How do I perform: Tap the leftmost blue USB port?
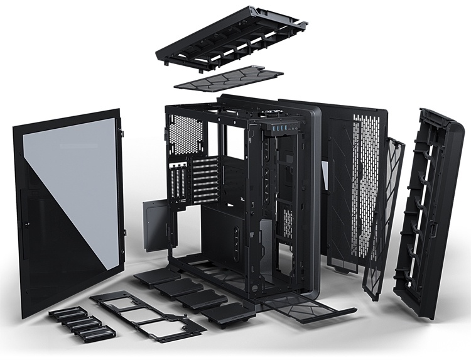(x=274, y=128)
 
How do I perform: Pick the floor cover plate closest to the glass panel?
(x=154, y=276)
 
